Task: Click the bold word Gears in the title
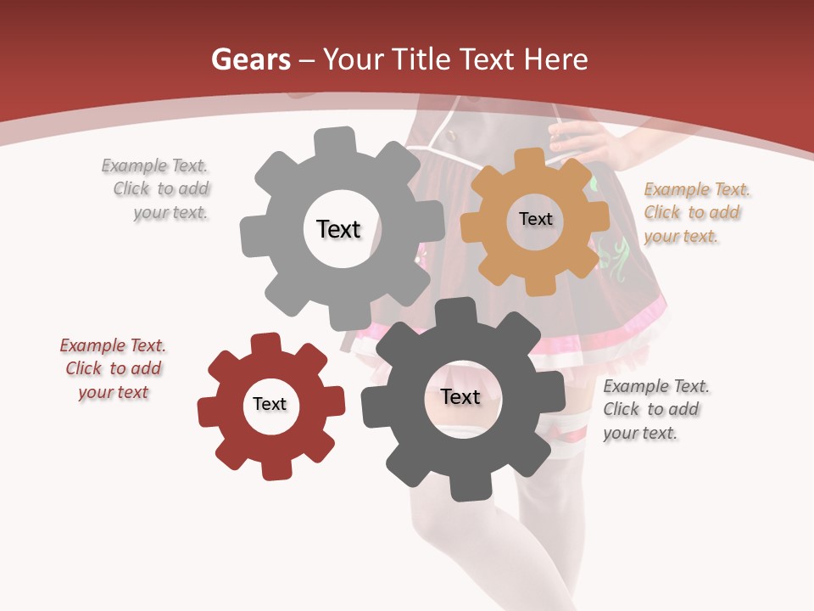point(251,59)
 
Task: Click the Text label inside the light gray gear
point(338,229)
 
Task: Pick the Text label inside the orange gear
point(535,219)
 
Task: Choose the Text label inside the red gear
point(270,405)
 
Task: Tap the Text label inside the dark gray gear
point(460,397)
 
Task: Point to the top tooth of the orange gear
point(529,159)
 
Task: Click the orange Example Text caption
point(696,213)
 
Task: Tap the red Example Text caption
point(114,368)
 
